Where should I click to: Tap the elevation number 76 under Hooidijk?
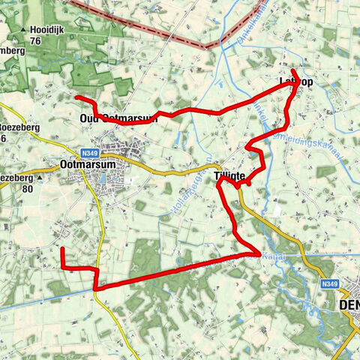point(34,40)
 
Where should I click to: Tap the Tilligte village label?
point(230,175)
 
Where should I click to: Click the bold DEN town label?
point(349,306)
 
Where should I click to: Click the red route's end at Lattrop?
point(292,70)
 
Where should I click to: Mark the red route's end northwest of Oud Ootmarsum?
point(77,97)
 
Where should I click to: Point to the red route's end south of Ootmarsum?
point(62,248)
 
